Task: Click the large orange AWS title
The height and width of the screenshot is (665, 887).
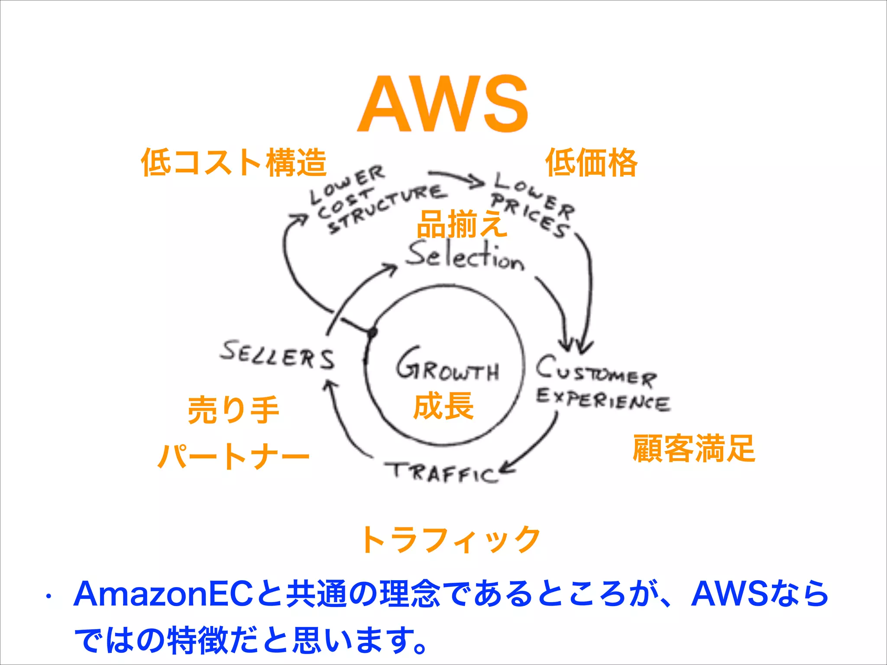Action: [x=443, y=104]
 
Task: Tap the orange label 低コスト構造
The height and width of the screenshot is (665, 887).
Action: [x=233, y=162]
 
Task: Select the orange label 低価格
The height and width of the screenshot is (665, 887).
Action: [x=591, y=162]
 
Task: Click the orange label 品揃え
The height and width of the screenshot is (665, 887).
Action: [x=462, y=224]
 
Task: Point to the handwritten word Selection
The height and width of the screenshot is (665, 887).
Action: [x=465, y=256]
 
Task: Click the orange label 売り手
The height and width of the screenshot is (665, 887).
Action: [x=233, y=410]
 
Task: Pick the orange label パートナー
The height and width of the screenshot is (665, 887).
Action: [x=233, y=456]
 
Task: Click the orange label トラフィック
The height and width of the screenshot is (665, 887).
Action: [x=450, y=539]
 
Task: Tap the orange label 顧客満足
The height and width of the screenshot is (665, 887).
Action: [x=694, y=449]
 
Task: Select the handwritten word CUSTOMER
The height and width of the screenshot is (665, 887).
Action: [x=596, y=372]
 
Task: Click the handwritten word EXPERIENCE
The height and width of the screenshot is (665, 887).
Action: [x=603, y=400]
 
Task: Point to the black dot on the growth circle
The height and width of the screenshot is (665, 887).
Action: [x=372, y=332]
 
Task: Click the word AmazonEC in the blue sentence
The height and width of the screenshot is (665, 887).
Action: [x=163, y=594]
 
